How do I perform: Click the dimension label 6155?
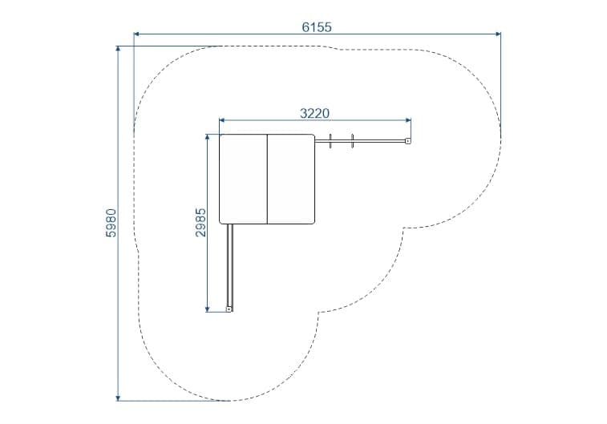[317, 27]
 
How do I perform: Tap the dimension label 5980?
[111, 223]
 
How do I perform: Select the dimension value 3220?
[315, 113]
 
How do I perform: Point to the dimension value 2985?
[200, 223]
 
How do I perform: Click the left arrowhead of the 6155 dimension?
[136, 34]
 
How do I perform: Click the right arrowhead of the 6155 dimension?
[498, 34]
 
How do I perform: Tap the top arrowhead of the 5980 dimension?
[118, 49]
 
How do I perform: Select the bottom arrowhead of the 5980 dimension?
[118, 398]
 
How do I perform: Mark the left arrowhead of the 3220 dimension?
[222, 120]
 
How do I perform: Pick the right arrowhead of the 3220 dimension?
[408, 120]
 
